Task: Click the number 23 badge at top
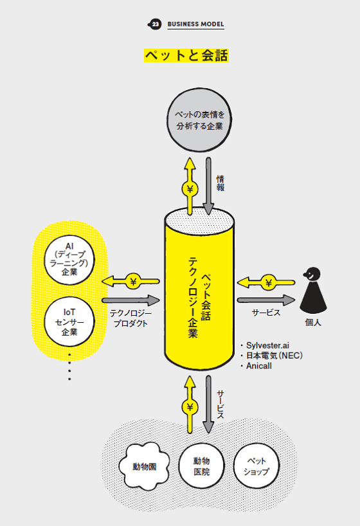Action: click(x=155, y=24)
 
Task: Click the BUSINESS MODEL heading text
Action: click(x=196, y=24)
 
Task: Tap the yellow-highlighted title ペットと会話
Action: click(x=186, y=55)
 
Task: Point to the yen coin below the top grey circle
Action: click(x=190, y=188)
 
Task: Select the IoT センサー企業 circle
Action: click(x=69, y=320)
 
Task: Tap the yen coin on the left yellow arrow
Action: click(x=134, y=281)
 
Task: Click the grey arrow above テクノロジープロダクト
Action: click(x=130, y=300)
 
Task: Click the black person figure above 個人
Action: click(x=311, y=293)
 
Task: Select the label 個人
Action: click(x=312, y=322)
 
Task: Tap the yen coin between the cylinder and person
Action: click(x=268, y=281)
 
